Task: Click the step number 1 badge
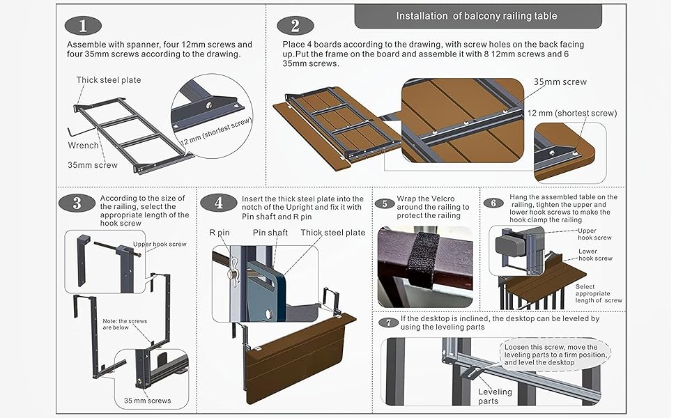pyautogui.click(x=82, y=26)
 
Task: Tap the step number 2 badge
pyautogui.click(x=295, y=26)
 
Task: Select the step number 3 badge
pyautogui.click(x=77, y=203)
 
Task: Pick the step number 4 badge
pyautogui.click(x=219, y=203)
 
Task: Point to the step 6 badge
pyautogui.click(x=493, y=203)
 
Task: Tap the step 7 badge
pyautogui.click(x=388, y=322)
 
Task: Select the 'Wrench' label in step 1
pyautogui.click(x=83, y=146)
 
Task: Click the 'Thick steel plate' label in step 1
pyautogui.click(x=109, y=80)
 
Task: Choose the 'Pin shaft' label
pyautogui.click(x=270, y=233)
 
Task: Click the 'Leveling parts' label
pyautogui.click(x=495, y=396)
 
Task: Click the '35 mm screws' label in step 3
pyautogui.click(x=147, y=400)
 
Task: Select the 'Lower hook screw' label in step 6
pyautogui.click(x=594, y=254)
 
